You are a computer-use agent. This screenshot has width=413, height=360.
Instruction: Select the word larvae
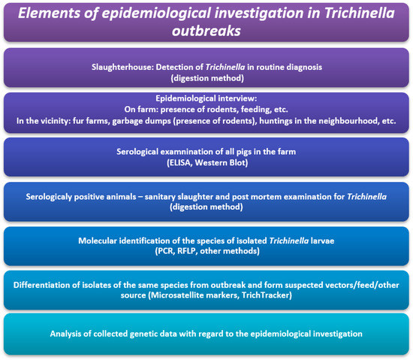317,241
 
